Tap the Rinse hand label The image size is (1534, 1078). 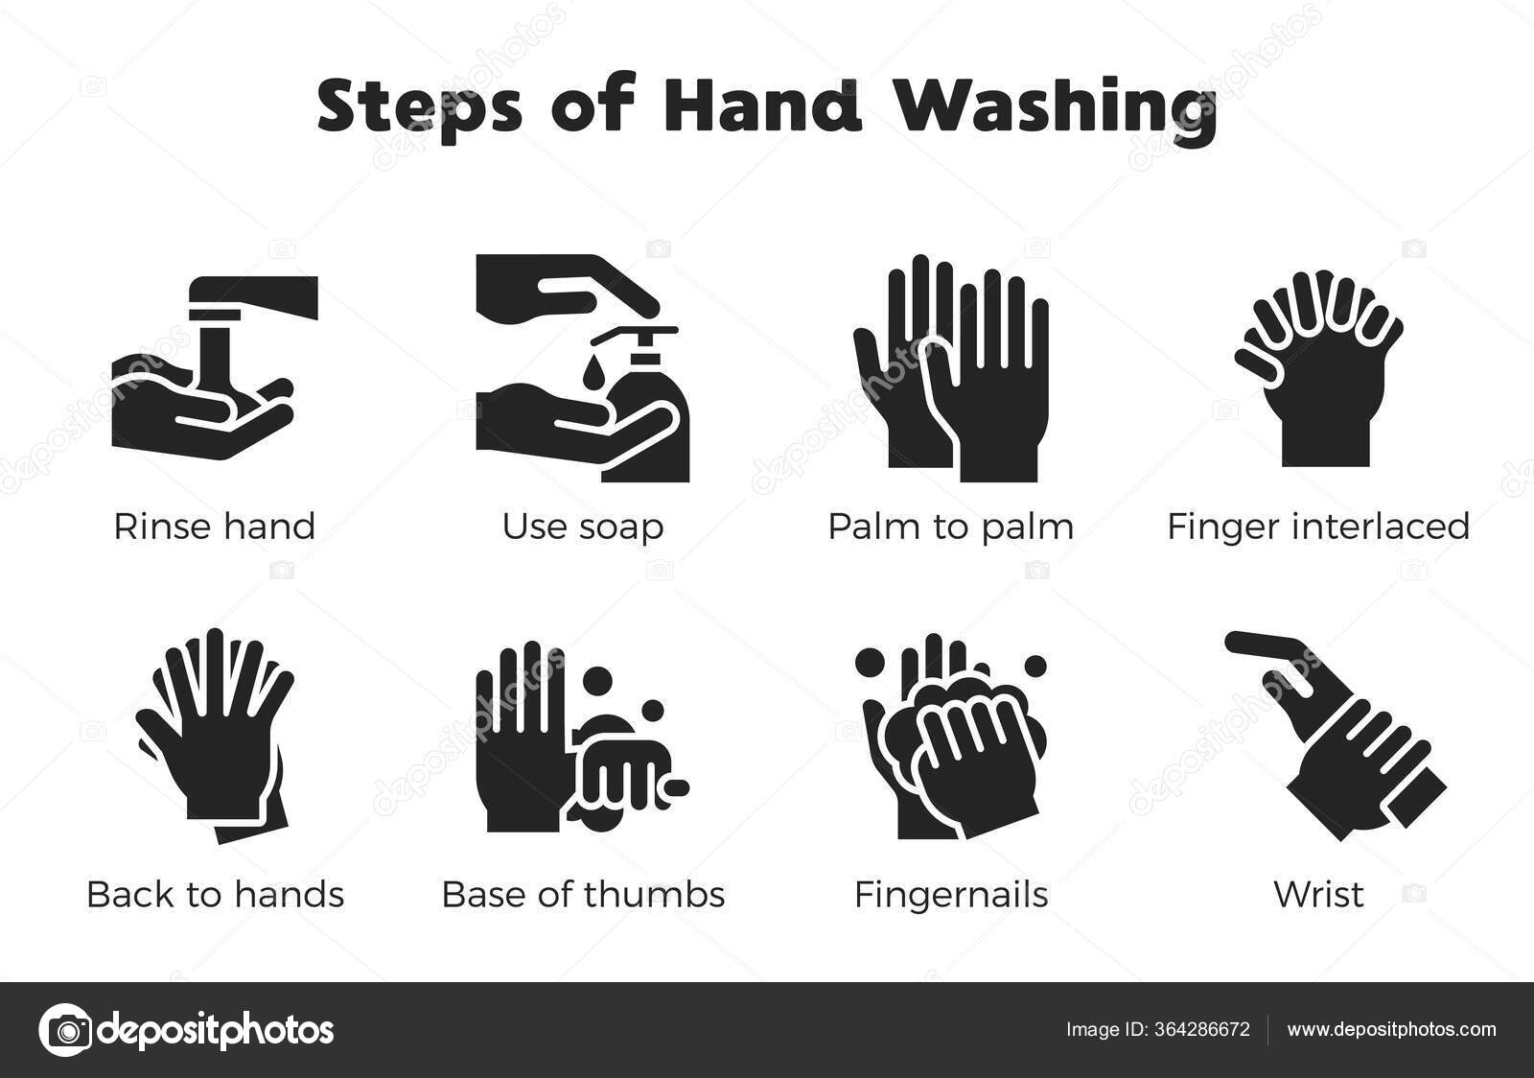(x=214, y=527)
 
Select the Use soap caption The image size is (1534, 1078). (x=582, y=527)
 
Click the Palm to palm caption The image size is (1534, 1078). (x=950, y=527)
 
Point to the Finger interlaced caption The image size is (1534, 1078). (x=1318, y=527)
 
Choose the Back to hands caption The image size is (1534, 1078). (x=215, y=894)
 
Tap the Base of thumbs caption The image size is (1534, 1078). (x=583, y=894)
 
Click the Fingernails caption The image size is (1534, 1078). (x=951, y=894)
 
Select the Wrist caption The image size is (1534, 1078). (x=1318, y=894)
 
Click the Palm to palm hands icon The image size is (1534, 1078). (x=950, y=369)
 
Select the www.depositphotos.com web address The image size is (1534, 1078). (x=1391, y=1030)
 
